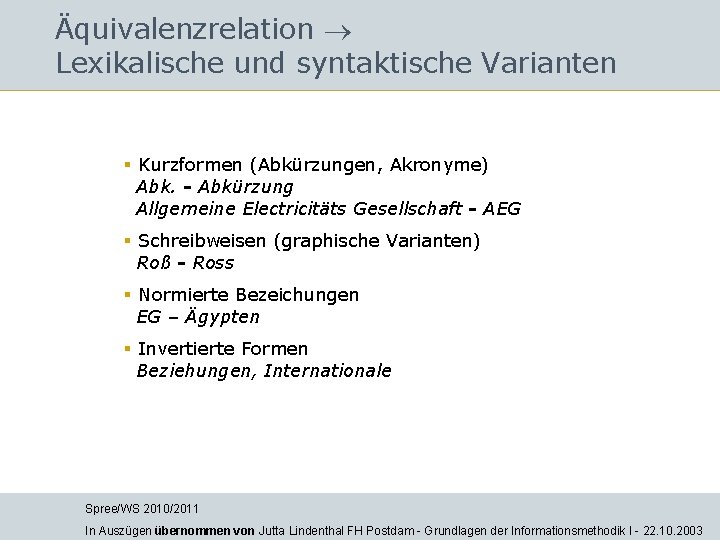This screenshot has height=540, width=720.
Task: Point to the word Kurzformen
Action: coord(191,164)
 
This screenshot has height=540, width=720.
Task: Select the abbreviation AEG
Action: coord(501,209)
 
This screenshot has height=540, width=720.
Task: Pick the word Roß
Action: coord(153,263)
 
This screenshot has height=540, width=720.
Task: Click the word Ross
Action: coord(213,263)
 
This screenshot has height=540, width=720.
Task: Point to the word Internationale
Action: coord(328,371)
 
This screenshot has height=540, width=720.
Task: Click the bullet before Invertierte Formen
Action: coord(128,349)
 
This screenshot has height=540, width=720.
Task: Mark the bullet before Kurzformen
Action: coord(128,164)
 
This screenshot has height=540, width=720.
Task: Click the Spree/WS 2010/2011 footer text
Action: coord(142,509)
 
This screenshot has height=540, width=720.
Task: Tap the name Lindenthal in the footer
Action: coord(320,531)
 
